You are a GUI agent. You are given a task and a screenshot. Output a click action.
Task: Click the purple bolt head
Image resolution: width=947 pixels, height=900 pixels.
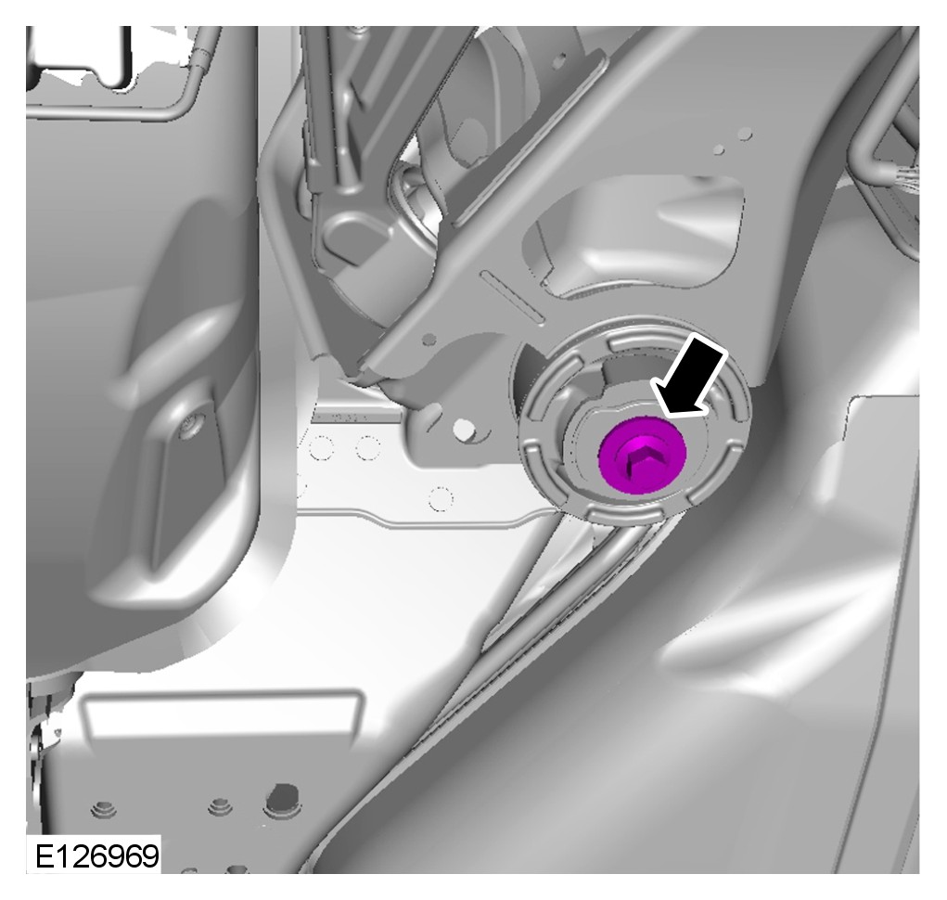643,456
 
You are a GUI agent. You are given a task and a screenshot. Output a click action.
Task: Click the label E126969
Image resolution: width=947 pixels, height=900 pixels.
96,855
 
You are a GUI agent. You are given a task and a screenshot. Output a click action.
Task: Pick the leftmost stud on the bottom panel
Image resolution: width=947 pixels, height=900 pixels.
103,808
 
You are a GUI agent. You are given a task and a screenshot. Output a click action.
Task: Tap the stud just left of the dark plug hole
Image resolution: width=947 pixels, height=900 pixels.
220,805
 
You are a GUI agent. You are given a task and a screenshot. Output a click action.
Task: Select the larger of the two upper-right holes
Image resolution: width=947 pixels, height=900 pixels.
746,134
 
